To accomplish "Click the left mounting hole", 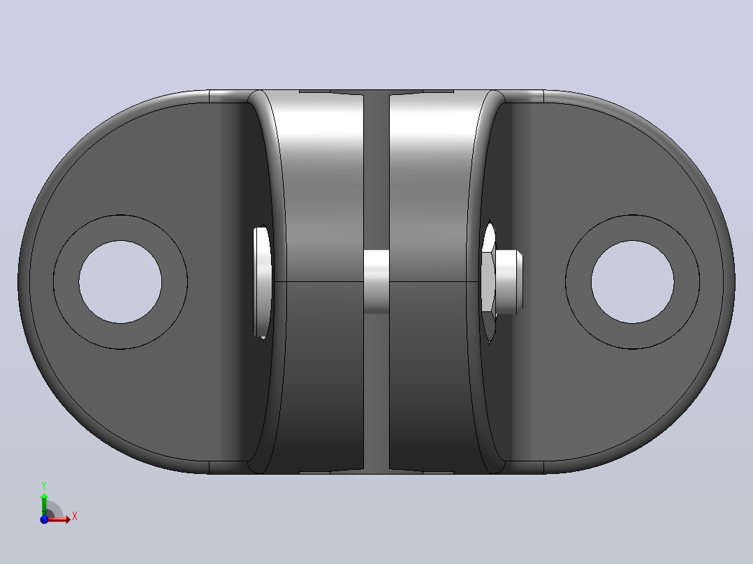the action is pos(120,282).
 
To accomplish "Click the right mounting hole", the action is pos(632,282).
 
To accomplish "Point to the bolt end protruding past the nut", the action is pos(509,282).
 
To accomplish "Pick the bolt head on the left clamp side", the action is pos(262,283).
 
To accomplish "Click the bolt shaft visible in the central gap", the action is pos(376,282).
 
